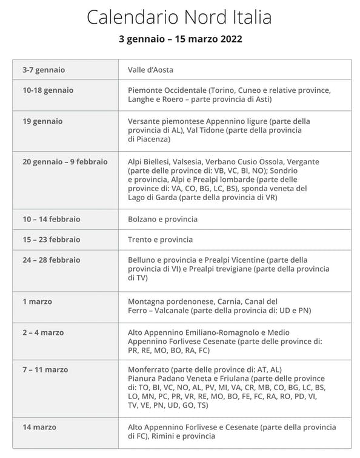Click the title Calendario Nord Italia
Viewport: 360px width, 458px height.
pyautogui.click(x=180, y=17)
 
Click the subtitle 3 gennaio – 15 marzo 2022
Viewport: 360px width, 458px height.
pyautogui.click(x=180, y=39)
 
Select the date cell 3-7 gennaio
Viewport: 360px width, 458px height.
pyautogui.click(x=43, y=69)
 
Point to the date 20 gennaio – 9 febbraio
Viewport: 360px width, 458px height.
pyautogui.click(x=65, y=161)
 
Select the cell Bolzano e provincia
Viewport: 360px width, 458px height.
pyautogui.click(x=162, y=218)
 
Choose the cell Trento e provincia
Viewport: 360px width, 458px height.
pyautogui.click(x=160, y=239)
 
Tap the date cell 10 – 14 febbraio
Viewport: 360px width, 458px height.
pyautogui.click(x=52, y=218)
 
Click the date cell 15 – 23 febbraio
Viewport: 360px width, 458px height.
pyautogui.click(x=52, y=239)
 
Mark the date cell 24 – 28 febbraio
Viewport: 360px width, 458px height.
pyautogui.click(x=52, y=260)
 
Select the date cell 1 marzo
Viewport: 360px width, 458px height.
pyautogui.click(x=38, y=301)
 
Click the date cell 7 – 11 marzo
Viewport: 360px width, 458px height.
pyautogui.click(x=45, y=369)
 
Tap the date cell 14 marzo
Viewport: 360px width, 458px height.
pyautogui.click(x=40, y=427)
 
